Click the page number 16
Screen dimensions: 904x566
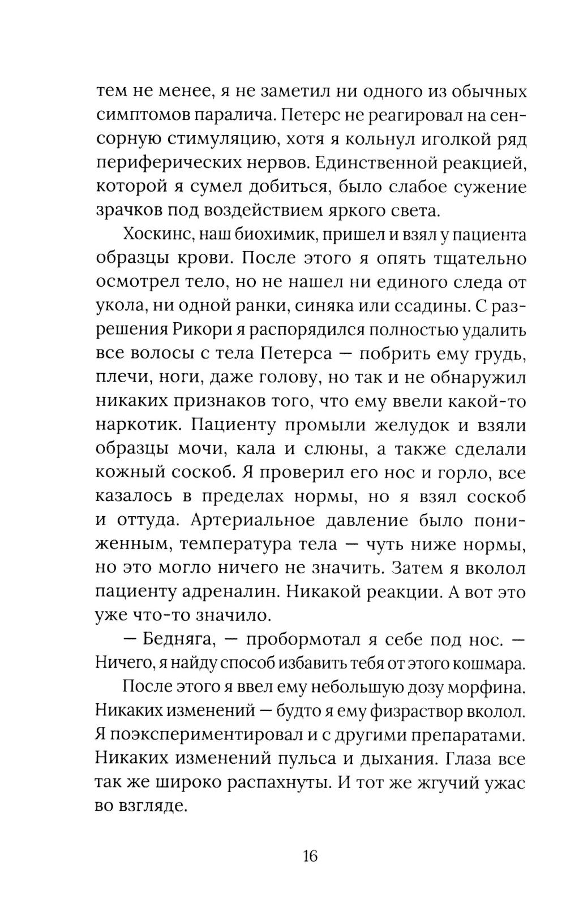coord(311,855)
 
